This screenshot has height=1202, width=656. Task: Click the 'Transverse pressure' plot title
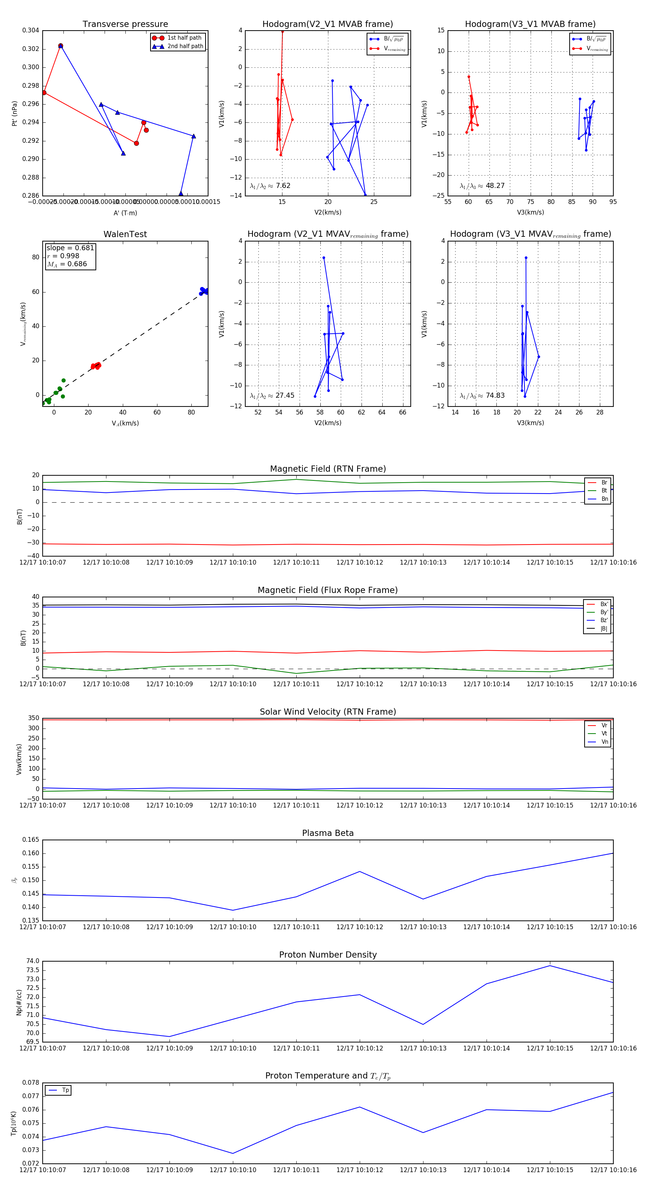click(125, 24)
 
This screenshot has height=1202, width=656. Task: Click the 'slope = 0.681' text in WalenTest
click(70, 248)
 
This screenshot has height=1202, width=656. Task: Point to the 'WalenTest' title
click(125, 234)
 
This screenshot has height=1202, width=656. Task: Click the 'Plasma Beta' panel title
click(328, 833)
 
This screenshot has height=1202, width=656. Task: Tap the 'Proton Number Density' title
click(328, 955)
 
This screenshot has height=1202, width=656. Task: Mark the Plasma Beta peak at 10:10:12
click(359, 872)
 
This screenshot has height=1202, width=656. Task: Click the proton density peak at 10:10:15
click(550, 966)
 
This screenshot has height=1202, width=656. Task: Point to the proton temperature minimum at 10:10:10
click(233, 1154)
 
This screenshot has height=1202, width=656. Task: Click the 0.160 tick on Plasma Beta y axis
click(31, 853)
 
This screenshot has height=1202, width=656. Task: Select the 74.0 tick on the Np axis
click(33, 961)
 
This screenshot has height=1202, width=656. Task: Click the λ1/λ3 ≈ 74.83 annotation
click(482, 396)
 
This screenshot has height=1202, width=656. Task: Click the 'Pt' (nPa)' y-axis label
click(15, 113)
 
